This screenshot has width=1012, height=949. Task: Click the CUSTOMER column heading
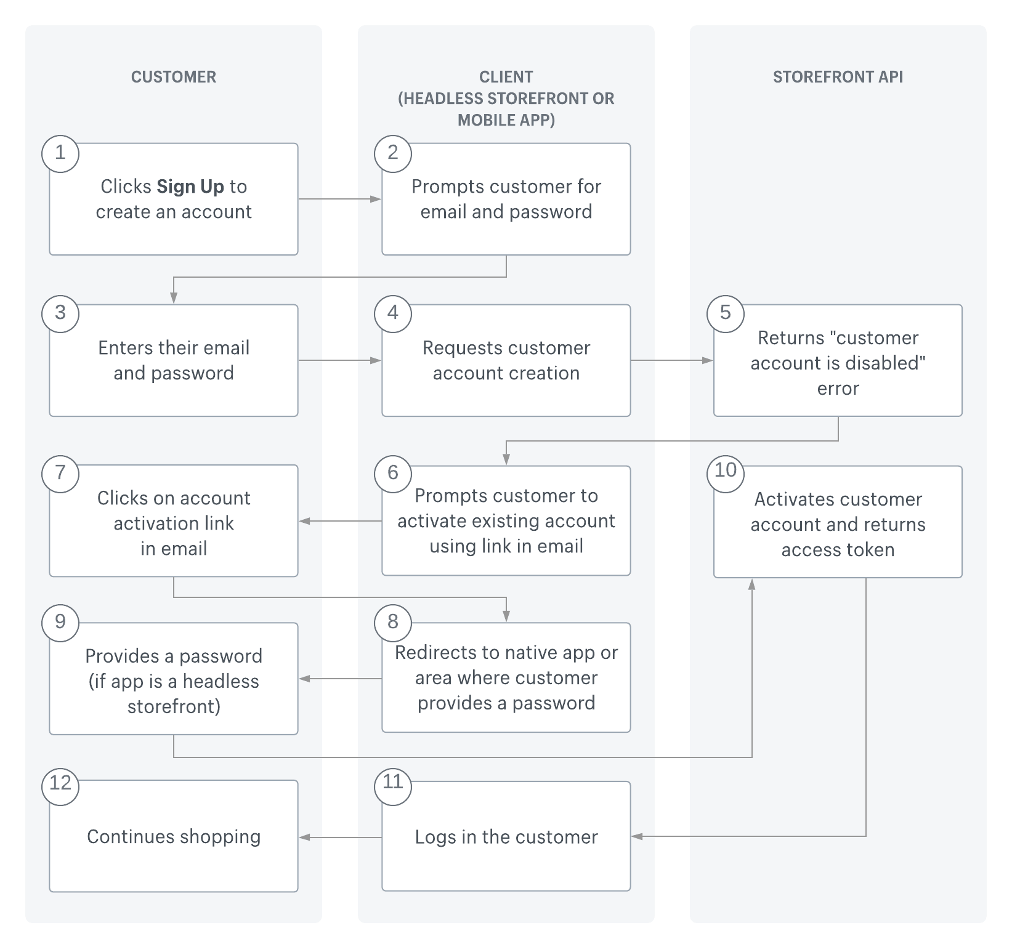tap(173, 77)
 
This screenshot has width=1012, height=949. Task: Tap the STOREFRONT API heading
tap(838, 77)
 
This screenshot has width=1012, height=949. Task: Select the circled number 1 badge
tap(60, 153)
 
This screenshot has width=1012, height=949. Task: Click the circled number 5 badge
tap(726, 313)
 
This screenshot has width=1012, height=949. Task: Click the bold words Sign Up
tap(190, 187)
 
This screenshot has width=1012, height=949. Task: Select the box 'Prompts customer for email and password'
tap(506, 199)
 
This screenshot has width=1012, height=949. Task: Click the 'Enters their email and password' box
tap(174, 360)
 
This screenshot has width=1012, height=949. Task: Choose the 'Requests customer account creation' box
tap(506, 360)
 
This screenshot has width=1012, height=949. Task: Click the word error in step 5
tap(838, 389)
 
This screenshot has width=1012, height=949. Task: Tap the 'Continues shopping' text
tap(174, 836)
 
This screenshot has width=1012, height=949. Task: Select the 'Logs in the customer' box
tap(506, 836)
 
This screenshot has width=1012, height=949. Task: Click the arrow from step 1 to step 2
tap(339, 199)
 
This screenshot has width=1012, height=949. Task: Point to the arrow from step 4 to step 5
tap(671, 360)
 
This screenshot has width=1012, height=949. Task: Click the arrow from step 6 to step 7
tap(339, 522)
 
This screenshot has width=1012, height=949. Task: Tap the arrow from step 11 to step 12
tap(339, 837)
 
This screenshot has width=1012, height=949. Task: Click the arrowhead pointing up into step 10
tap(751, 584)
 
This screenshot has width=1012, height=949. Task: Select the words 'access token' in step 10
tap(838, 550)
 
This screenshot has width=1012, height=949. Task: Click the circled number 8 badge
tap(393, 623)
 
